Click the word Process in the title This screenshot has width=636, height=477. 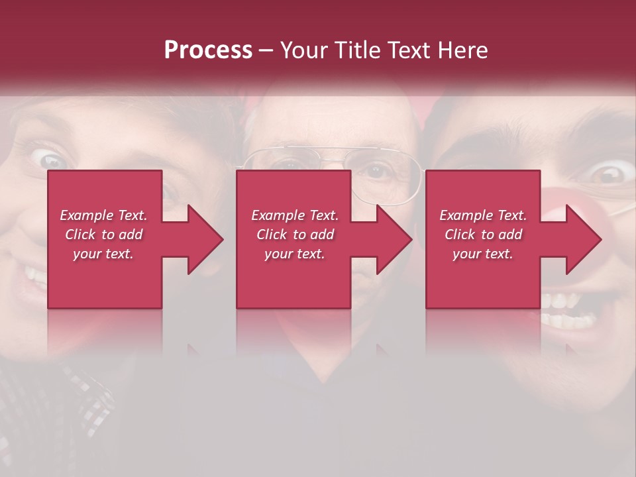(x=208, y=50)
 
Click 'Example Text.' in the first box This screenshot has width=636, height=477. (x=103, y=215)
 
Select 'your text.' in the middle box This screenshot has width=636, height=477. (x=294, y=254)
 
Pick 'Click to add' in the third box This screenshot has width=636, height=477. (x=483, y=235)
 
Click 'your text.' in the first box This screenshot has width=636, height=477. (x=103, y=254)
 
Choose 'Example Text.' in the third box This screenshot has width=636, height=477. (x=483, y=215)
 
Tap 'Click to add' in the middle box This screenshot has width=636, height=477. (x=294, y=235)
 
